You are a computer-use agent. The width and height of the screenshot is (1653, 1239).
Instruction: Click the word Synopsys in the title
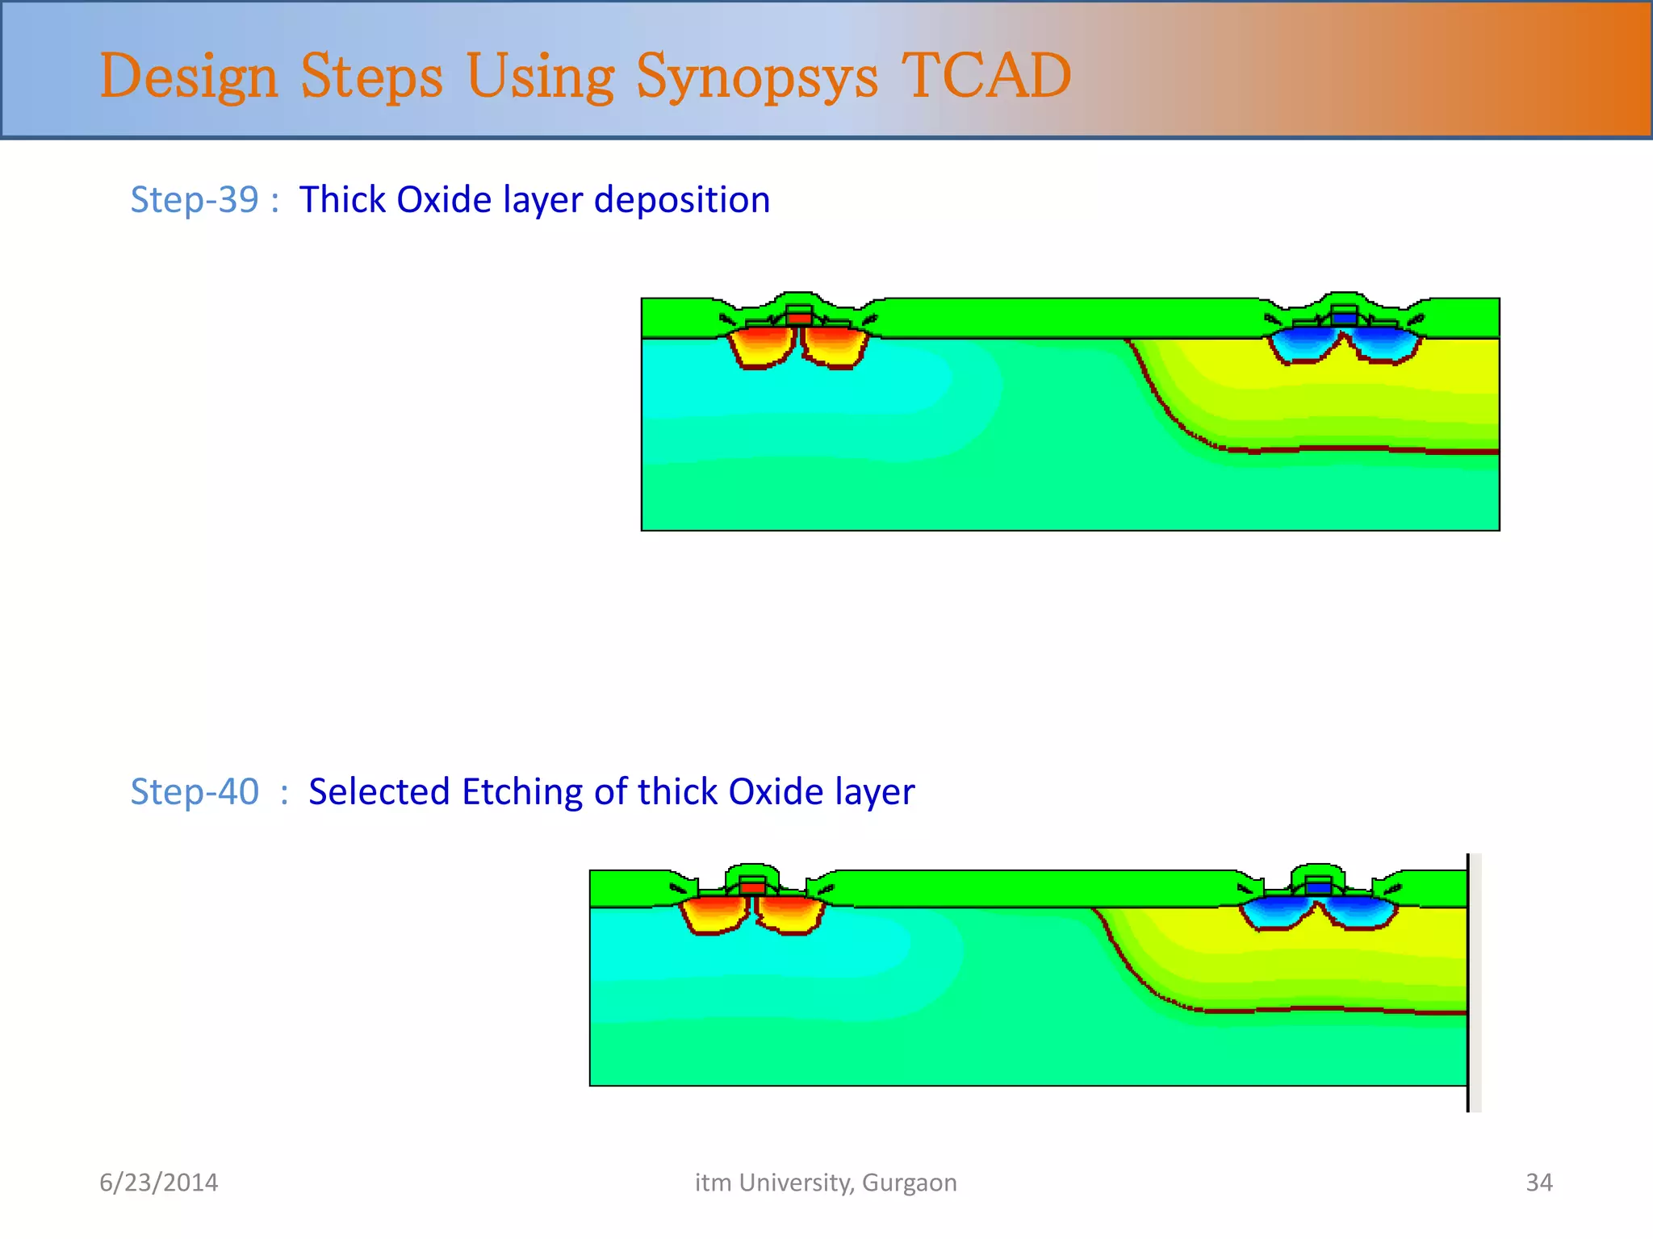(756, 77)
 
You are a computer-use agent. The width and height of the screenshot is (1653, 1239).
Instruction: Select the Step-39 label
(195, 199)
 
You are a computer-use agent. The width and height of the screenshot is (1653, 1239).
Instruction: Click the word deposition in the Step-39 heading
(681, 200)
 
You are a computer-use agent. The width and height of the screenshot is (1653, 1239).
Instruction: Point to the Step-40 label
(195, 791)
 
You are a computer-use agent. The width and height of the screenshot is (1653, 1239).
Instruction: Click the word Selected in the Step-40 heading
(379, 791)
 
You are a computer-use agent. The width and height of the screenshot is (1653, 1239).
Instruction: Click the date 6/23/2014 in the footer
(158, 1183)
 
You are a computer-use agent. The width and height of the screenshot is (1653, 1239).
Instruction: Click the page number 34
(1538, 1183)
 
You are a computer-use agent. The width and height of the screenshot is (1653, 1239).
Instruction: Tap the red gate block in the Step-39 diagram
(799, 319)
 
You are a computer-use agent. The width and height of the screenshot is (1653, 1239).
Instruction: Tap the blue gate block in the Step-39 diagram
(1344, 319)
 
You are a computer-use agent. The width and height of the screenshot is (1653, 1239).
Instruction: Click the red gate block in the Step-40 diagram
(752, 888)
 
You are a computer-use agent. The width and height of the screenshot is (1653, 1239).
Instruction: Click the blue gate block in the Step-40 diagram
(1318, 888)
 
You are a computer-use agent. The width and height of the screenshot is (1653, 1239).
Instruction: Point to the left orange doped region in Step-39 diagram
(761, 345)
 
